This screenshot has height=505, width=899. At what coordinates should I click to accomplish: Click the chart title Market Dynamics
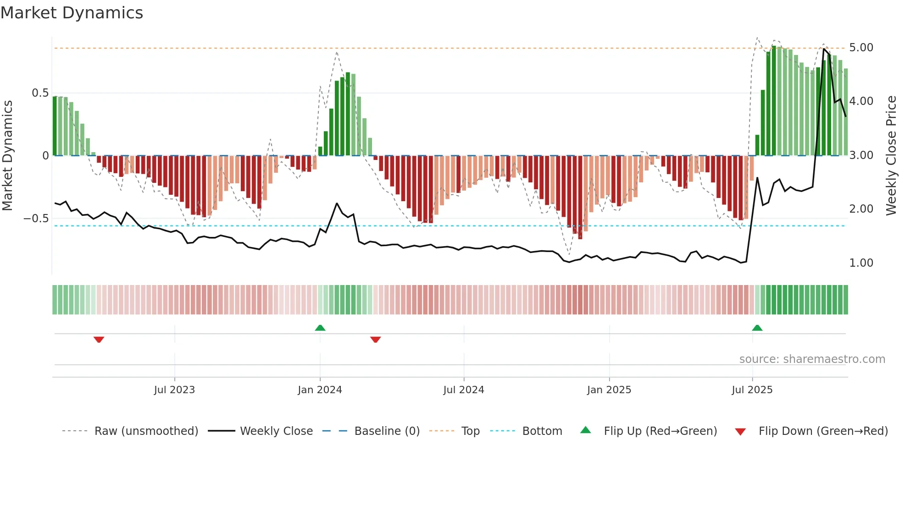[x=72, y=13]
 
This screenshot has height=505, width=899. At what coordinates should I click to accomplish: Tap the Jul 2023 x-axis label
[x=174, y=390]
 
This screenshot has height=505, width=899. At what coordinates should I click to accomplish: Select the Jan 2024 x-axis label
[x=320, y=390]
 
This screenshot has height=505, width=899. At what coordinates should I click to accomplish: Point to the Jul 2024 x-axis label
[x=463, y=390]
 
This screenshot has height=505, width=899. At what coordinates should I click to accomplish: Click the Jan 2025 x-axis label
[x=609, y=390]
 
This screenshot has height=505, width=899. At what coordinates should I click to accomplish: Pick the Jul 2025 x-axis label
[x=752, y=390]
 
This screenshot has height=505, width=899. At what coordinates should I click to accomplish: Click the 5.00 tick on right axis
[x=861, y=48]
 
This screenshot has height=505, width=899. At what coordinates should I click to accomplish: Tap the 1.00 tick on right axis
[x=861, y=263]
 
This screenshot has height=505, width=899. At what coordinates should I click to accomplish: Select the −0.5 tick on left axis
[x=36, y=219]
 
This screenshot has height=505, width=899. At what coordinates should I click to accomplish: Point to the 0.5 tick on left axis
[x=40, y=93]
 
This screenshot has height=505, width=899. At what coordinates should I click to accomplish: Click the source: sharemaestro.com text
[x=812, y=359]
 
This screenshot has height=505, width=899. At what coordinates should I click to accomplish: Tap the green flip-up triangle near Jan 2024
[x=320, y=328]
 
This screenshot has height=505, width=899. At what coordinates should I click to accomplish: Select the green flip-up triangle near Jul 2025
[x=757, y=328]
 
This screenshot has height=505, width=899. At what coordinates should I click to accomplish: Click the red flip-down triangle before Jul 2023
[x=99, y=340]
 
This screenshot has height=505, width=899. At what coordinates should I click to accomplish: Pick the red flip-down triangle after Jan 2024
[x=375, y=340]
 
